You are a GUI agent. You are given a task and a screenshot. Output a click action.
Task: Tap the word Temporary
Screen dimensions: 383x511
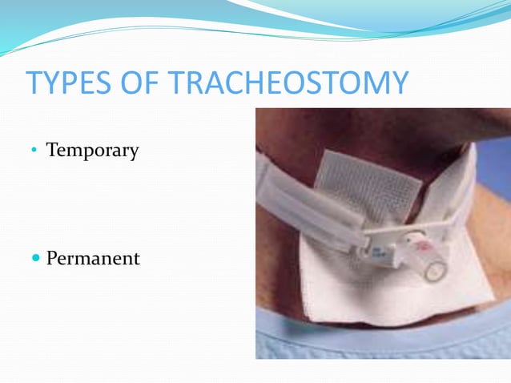tap(92, 150)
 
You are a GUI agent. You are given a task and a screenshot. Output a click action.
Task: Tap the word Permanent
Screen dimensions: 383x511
tap(93, 259)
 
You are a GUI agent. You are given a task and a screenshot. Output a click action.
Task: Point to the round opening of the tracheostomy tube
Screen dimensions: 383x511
tap(434, 272)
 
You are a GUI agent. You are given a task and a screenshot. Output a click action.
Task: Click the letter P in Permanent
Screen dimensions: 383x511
tap(52, 259)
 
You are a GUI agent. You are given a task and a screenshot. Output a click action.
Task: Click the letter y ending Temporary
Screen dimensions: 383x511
tap(133, 152)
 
